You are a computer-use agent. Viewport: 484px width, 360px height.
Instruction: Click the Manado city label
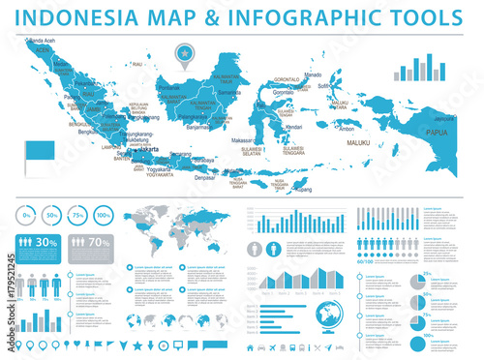(312, 75)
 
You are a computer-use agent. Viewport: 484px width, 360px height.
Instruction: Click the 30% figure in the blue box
(46, 243)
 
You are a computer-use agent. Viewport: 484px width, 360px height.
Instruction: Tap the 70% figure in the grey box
(99, 243)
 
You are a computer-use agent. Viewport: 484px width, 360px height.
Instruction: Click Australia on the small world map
(214, 246)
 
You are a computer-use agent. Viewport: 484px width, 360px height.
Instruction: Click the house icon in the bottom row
(250, 347)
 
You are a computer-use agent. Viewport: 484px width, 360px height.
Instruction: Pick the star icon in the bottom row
(137, 345)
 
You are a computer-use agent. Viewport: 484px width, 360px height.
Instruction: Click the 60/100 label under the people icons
(366, 261)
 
